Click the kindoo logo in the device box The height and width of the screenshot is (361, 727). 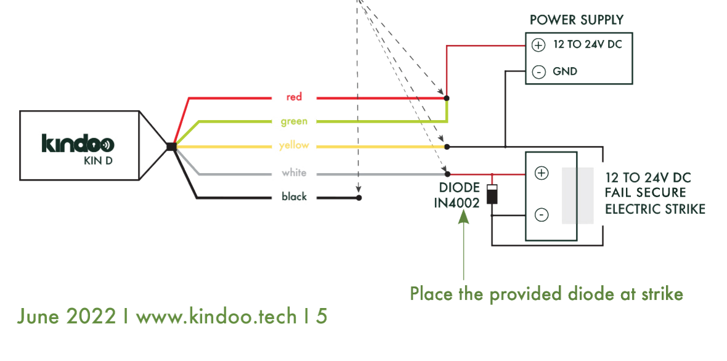[78, 144]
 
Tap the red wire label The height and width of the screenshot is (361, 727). [294, 97]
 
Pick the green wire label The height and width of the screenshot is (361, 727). [294, 121]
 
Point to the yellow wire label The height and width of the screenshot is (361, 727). [294, 145]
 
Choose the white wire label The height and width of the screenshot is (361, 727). [294, 173]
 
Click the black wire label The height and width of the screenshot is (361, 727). [294, 197]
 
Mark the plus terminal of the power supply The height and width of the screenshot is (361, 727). [538, 46]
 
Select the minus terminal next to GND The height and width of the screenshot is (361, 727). [538, 72]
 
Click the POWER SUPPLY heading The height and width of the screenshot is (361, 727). [576, 20]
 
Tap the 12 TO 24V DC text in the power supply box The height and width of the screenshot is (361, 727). [587, 45]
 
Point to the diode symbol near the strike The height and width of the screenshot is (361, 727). [492, 194]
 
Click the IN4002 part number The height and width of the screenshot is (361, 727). [457, 203]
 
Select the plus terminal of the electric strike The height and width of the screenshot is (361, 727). [541, 173]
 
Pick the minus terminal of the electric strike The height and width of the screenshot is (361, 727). [541, 215]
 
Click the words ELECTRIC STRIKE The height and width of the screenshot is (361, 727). [655, 209]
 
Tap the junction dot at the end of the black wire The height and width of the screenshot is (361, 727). [359, 198]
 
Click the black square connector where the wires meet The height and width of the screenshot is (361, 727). [171, 147]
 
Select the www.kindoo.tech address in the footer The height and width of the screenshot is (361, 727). [216, 316]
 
